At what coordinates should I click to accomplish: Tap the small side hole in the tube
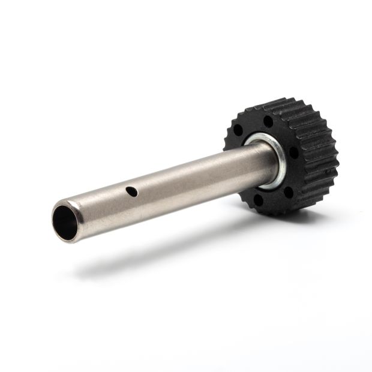[131, 192]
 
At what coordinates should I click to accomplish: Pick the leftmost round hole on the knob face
[239, 130]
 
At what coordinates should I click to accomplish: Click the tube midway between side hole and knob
[198, 174]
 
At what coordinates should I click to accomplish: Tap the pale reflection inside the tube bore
[71, 223]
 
